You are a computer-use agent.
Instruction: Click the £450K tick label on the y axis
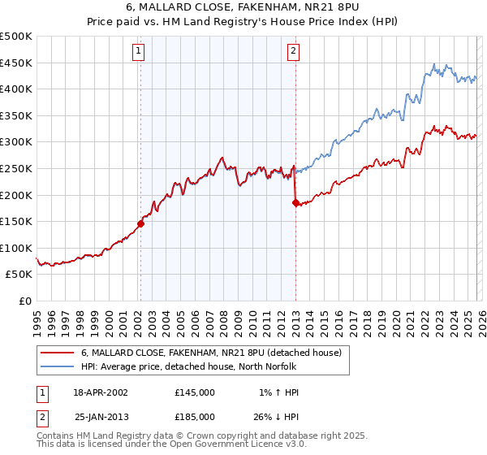pos(16,63)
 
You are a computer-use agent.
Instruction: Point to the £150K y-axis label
pos(16,221)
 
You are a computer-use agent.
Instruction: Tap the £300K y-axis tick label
pos(16,142)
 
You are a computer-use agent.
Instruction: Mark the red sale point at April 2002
pos(140,223)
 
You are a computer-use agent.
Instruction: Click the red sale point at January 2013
pos(295,202)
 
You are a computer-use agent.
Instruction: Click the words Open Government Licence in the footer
pos(222,445)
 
